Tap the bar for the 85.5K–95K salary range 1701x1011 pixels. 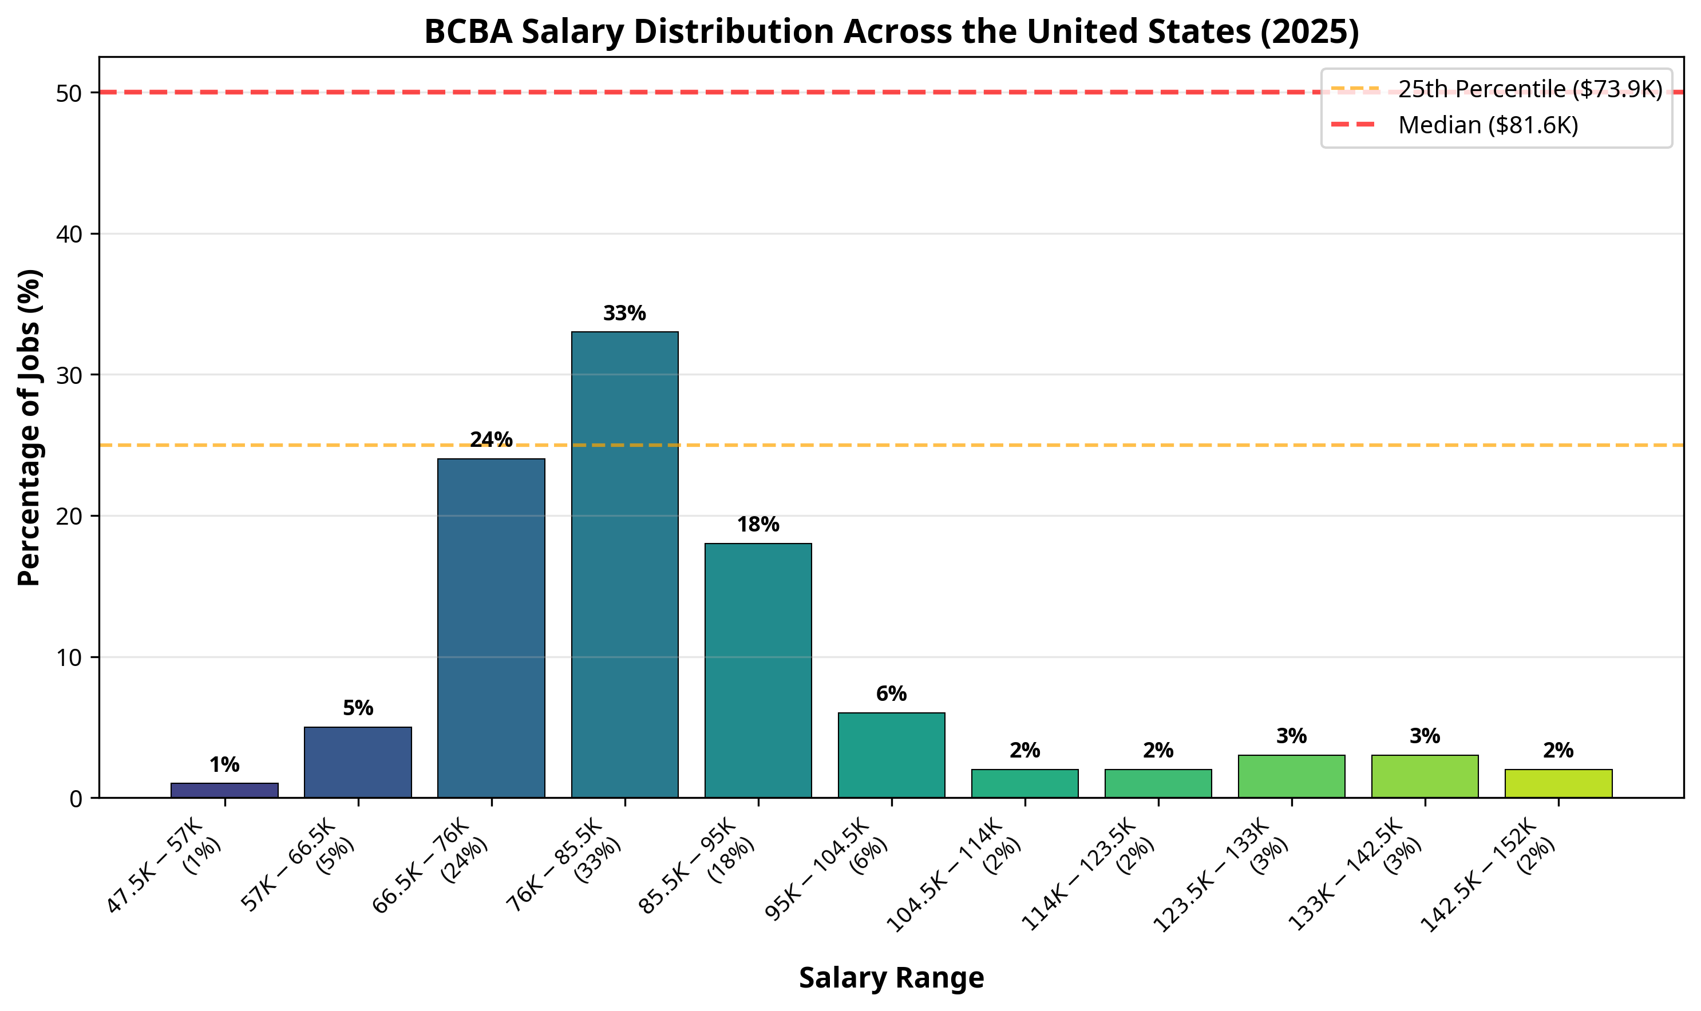tap(758, 671)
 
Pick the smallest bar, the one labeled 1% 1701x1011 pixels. tap(224, 790)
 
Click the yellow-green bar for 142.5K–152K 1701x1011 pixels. tap(1558, 783)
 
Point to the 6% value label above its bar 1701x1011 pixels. tap(891, 694)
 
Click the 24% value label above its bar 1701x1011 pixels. tap(490, 439)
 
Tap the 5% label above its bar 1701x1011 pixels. tap(358, 708)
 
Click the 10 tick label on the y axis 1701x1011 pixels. tap(68, 658)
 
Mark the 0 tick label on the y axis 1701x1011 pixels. tap(75, 799)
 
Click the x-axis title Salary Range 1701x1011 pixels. tap(891, 978)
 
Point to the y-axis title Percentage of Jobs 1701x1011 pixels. tap(29, 427)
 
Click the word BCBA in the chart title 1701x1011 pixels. tap(468, 31)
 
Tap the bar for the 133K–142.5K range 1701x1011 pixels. tap(1425, 776)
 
